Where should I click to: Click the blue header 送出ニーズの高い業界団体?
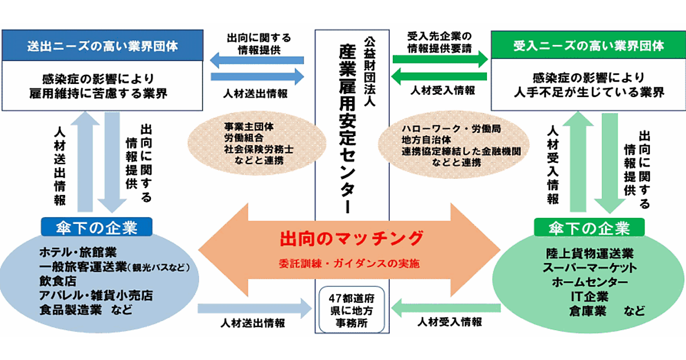pyautogui.click(x=103, y=46)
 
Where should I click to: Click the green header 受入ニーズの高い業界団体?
pyautogui.click(x=589, y=46)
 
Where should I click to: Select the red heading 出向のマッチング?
pyautogui.click(x=352, y=238)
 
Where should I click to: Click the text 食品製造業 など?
pyautogui.click(x=86, y=311)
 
